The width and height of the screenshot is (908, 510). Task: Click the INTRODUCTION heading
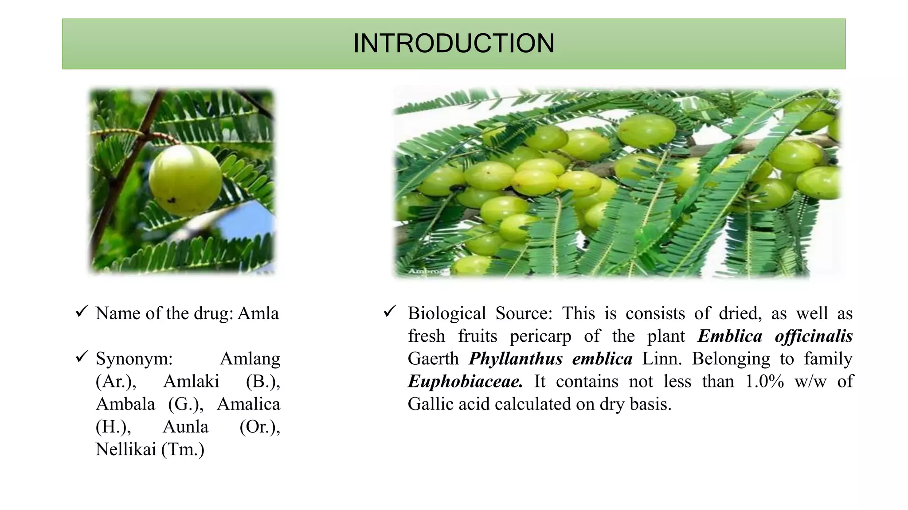pyautogui.click(x=454, y=43)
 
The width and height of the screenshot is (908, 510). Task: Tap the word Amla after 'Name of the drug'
pyautogui.click(x=258, y=313)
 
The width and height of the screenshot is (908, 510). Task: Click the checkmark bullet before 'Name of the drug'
pyautogui.click(x=82, y=312)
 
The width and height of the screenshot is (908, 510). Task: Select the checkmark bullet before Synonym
pyautogui.click(x=82, y=356)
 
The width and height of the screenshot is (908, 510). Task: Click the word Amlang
pyautogui.click(x=250, y=359)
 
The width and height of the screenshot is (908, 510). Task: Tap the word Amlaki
pyautogui.click(x=191, y=381)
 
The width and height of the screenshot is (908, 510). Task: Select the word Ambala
pyautogui.click(x=125, y=404)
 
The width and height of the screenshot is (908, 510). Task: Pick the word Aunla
pyautogui.click(x=185, y=427)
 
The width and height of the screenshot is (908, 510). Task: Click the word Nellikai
pyautogui.click(x=126, y=449)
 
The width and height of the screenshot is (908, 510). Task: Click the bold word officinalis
pyautogui.click(x=814, y=336)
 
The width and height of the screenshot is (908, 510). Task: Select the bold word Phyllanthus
pyautogui.click(x=516, y=359)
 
